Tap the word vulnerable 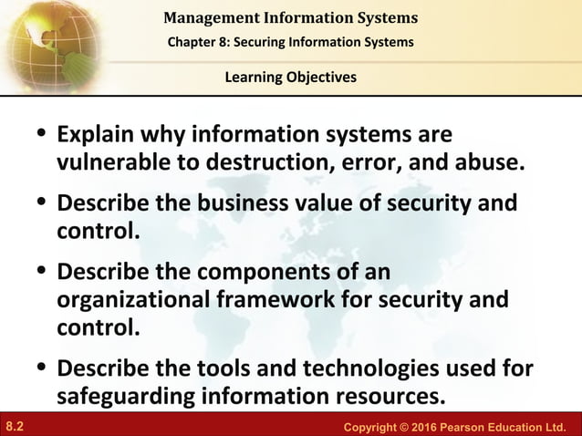pos(110,162)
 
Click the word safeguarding pos(121,397)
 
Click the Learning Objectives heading pos(291,78)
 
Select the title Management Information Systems pos(291,16)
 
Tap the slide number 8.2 pos(14,425)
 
